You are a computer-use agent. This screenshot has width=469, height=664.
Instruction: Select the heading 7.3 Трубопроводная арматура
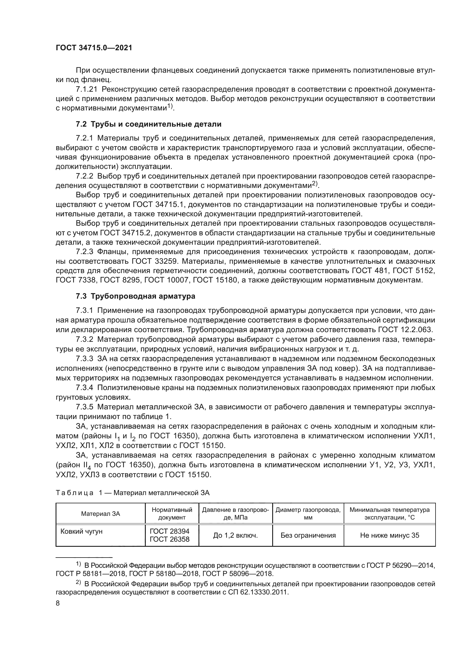click(136, 296)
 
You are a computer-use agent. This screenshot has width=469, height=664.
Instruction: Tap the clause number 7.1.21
click(85, 89)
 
